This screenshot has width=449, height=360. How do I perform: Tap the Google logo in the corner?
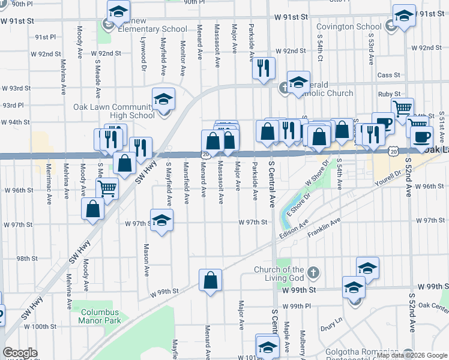tap(20, 353)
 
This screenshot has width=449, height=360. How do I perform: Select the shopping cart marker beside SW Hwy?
tap(107, 188)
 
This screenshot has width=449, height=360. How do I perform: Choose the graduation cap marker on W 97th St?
tap(161, 220)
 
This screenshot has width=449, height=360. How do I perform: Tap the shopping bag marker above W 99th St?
tap(211, 280)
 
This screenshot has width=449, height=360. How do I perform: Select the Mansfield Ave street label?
tap(186, 179)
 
